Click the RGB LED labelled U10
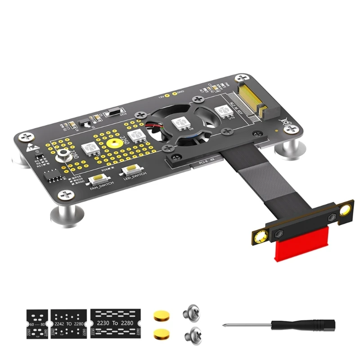(221, 111)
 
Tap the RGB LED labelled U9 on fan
(181, 122)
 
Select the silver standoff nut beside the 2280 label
(63, 156)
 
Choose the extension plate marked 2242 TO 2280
(69, 323)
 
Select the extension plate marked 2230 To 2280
(116, 323)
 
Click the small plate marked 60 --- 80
(37, 323)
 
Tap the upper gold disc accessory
(159, 315)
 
